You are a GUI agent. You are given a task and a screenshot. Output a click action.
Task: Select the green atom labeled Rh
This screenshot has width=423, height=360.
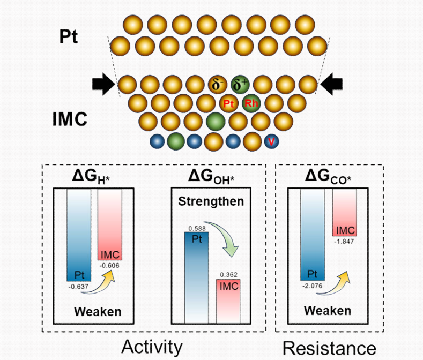[250, 103]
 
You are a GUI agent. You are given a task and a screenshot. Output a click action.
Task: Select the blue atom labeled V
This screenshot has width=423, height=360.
[272, 141]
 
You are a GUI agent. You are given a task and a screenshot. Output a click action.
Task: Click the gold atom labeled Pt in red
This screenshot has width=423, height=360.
[228, 103]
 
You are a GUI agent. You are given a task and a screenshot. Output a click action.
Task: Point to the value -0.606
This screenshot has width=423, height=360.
[109, 264]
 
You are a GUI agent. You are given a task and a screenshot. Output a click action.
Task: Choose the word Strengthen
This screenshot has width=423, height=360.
[211, 202]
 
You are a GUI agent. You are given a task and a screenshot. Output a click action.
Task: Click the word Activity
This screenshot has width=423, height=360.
[152, 347]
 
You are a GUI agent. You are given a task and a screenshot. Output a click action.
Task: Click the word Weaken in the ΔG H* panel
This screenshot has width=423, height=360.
[98, 311]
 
